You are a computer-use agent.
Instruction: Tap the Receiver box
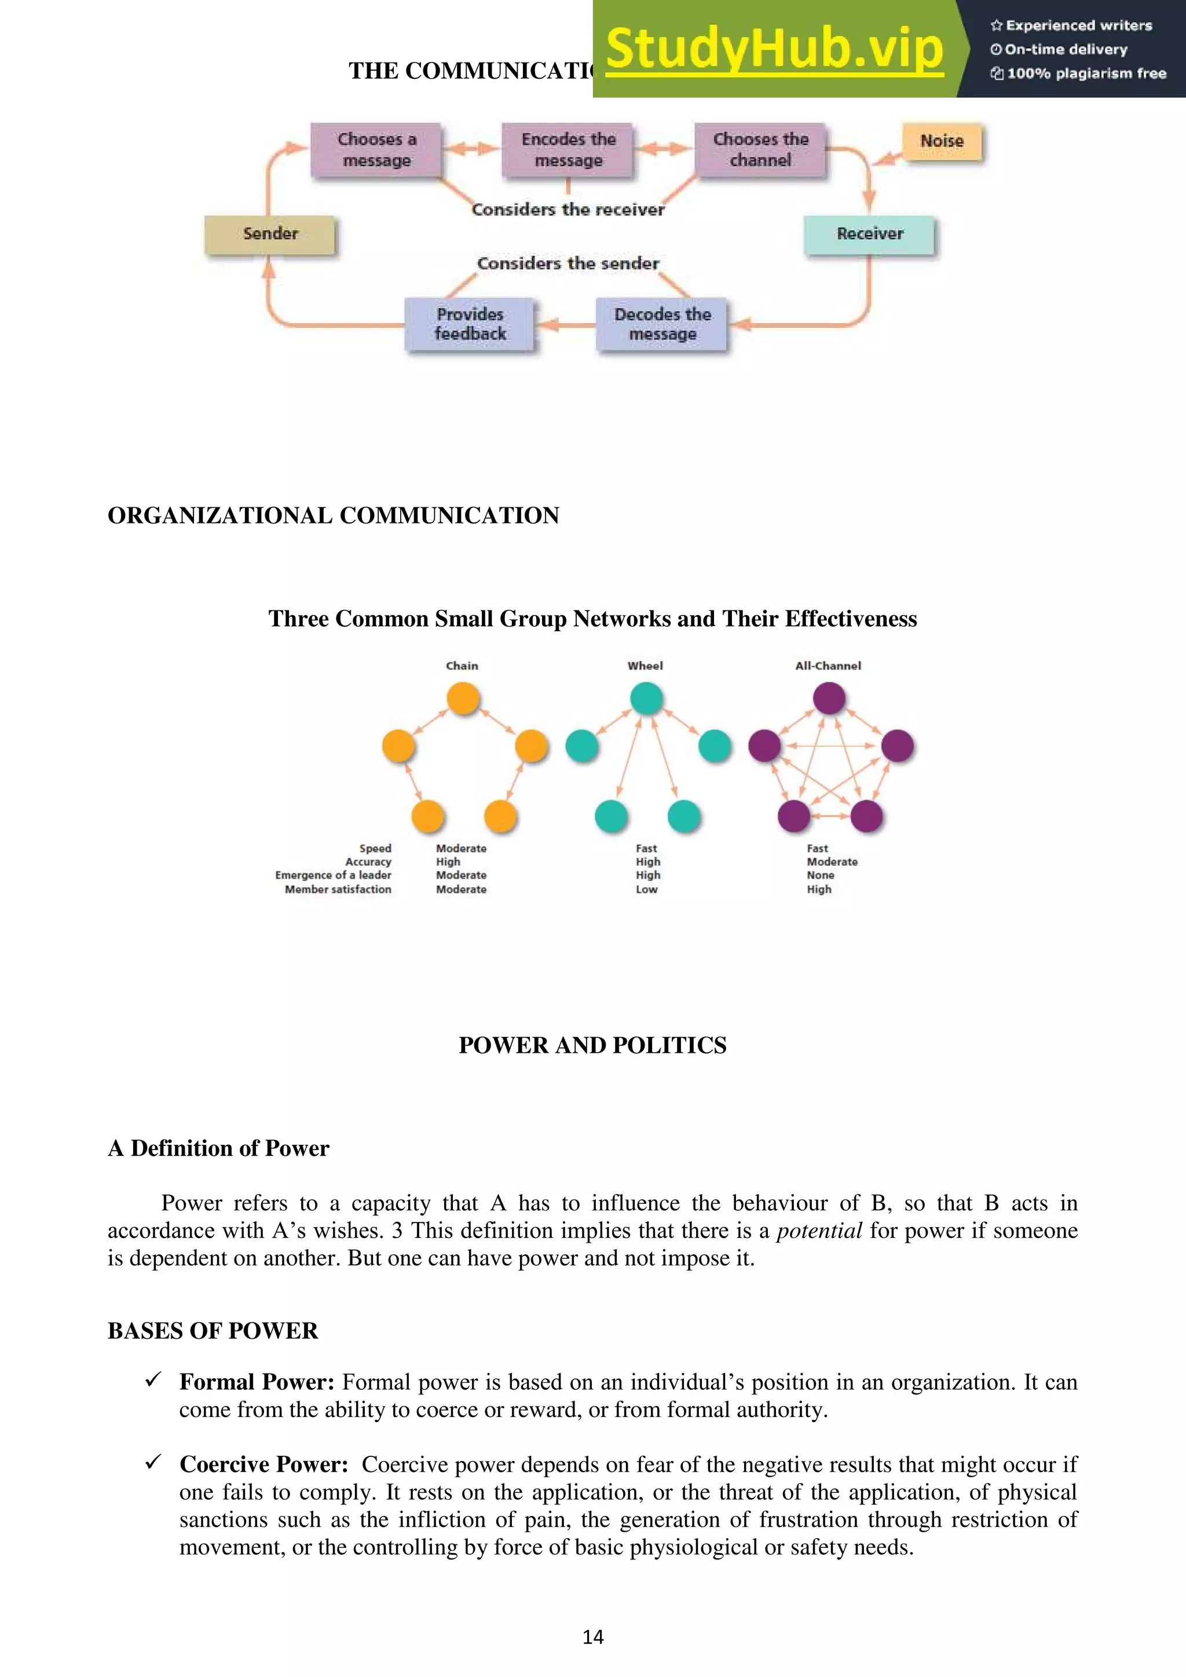tap(869, 235)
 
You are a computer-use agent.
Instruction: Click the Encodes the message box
tap(568, 150)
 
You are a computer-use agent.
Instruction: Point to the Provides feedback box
tap(470, 324)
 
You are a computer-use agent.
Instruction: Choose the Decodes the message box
tap(662, 324)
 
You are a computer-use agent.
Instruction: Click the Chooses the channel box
tap(760, 150)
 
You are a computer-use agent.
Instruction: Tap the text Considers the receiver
tap(568, 210)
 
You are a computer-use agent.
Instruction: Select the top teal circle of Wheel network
tap(646, 698)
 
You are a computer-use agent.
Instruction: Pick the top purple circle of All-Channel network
tap(829, 698)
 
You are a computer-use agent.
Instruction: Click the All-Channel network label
tap(828, 665)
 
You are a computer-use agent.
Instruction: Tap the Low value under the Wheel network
tap(646, 889)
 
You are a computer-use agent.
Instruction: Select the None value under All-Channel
tap(820, 875)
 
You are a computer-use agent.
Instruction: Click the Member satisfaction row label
tap(338, 889)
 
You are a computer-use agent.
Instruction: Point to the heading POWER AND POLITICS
tap(592, 1045)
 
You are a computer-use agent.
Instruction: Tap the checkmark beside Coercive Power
tap(153, 1462)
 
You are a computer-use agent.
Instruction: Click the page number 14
tap(592, 1637)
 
